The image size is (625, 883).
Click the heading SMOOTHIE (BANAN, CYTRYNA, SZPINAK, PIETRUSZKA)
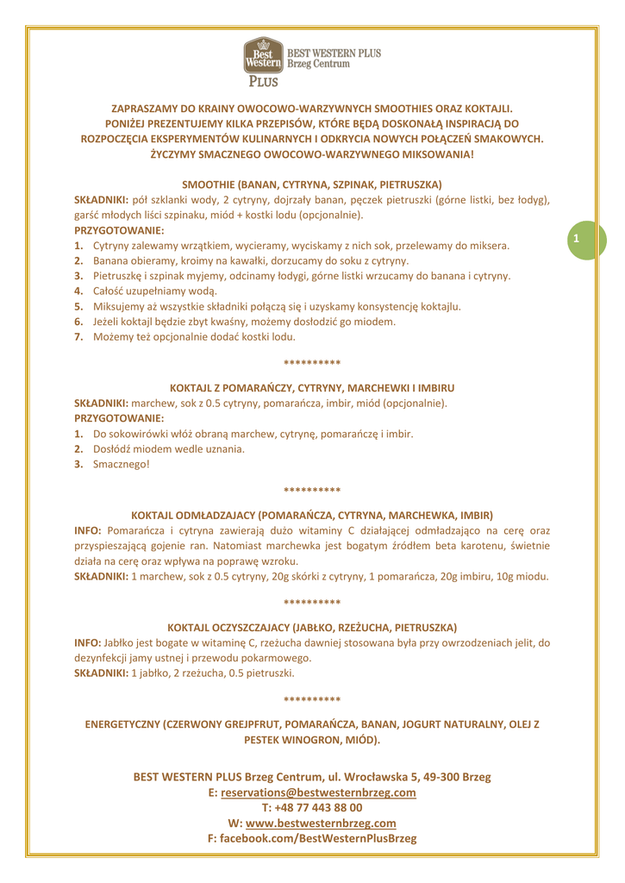(312, 184)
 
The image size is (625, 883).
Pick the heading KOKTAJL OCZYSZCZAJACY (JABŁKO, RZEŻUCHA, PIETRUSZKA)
(312, 627)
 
